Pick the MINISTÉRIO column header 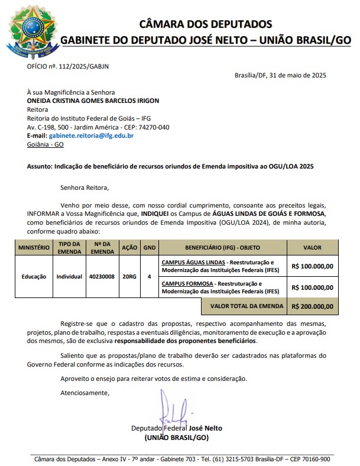(34, 247)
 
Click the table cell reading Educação (34, 276)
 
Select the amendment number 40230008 (102, 276)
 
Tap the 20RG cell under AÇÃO (128, 276)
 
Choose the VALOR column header (312, 247)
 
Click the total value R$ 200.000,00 (312, 306)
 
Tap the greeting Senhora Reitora (85, 188)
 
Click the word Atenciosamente (85, 393)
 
